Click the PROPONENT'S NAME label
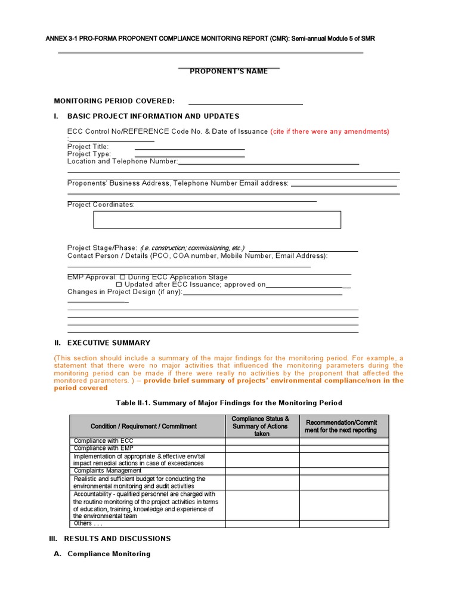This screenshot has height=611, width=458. coord(229,72)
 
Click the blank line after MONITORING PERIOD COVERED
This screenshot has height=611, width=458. coord(245,101)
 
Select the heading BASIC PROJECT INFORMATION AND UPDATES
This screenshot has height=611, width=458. coord(153,116)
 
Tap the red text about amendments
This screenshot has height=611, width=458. coord(330,131)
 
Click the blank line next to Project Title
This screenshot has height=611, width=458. coord(190,147)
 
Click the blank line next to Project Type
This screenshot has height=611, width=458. coord(190,154)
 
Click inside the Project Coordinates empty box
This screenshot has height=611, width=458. coord(217,220)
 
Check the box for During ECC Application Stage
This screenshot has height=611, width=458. coord(122,277)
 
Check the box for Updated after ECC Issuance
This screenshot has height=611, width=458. coord(118,285)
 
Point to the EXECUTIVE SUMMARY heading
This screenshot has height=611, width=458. coord(109,343)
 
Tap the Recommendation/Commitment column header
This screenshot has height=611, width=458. coord(343,426)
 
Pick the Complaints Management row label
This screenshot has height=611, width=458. coord(107,471)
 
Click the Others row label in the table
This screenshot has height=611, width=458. coord(88,524)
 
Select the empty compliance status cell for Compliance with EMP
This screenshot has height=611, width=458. coord(262,449)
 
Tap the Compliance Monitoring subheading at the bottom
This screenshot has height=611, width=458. coord(109,554)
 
